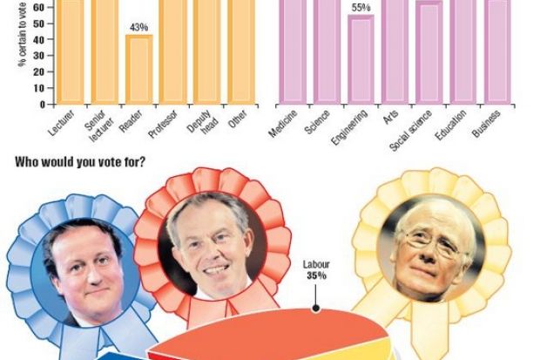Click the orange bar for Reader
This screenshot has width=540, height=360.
click(138, 69)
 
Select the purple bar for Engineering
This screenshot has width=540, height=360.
click(361, 59)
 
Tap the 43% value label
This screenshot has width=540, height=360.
click(138, 28)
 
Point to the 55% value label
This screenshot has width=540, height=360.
click(361, 8)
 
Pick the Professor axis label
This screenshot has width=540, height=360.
click(165, 126)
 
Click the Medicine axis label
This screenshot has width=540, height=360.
click(284, 126)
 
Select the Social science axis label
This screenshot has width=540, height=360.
click(409, 131)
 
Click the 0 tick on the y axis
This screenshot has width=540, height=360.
click(41, 104)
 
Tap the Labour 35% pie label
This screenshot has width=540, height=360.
click(314, 270)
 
